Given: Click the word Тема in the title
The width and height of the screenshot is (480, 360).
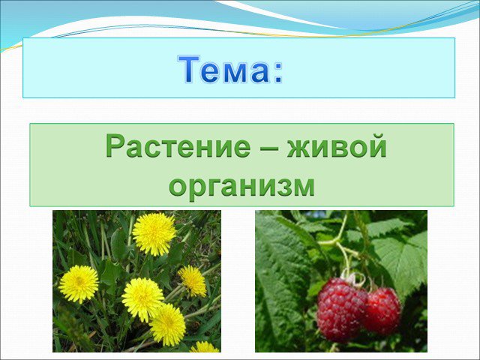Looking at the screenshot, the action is pyautogui.click(x=223, y=70).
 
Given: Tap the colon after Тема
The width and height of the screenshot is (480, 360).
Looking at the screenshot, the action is pyautogui.click(x=277, y=73).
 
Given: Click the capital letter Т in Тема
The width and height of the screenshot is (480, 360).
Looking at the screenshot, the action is pyautogui.click(x=189, y=70).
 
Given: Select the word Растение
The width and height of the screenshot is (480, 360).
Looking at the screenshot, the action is pyautogui.click(x=178, y=146).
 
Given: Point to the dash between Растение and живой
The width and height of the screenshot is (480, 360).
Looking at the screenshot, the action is pyautogui.click(x=268, y=148).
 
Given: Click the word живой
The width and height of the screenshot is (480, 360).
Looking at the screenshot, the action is pyautogui.click(x=337, y=146).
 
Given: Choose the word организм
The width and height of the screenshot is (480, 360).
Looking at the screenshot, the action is pyautogui.click(x=241, y=187).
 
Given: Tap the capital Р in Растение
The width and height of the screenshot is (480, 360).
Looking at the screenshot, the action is pyautogui.click(x=115, y=146).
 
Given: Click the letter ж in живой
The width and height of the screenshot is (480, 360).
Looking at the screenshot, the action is pyautogui.click(x=299, y=148).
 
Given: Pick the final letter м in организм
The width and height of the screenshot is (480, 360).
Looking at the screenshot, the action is pyautogui.click(x=303, y=187).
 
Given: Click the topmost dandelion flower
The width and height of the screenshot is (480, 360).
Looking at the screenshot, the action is pyautogui.click(x=154, y=233).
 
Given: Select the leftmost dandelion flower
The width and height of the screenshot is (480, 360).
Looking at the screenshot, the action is pyautogui.click(x=79, y=283).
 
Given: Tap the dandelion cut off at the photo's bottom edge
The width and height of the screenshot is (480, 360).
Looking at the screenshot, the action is pyautogui.click(x=204, y=346).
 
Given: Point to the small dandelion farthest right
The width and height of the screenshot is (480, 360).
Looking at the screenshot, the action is pyautogui.click(x=193, y=281).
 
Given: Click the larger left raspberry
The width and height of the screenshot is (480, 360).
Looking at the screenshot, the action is pyautogui.click(x=340, y=309).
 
